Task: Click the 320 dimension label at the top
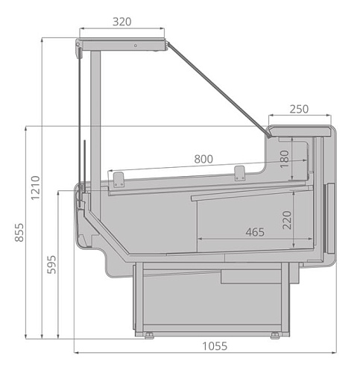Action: [x=122, y=22]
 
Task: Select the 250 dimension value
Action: [x=298, y=109]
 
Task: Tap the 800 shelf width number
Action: [x=203, y=159]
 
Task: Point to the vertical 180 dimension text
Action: [x=285, y=159]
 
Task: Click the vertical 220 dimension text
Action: [x=286, y=219]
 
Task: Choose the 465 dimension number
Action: [x=255, y=232]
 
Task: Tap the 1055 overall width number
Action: [x=213, y=347]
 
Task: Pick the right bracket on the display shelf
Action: [x=239, y=173]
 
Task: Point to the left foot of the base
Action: [x=148, y=335]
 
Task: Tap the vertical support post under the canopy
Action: [x=95, y=112]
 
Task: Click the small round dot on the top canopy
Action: [x=135, y=46]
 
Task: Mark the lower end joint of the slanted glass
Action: [x=268, y=135]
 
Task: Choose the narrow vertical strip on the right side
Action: [x=325, y=216]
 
